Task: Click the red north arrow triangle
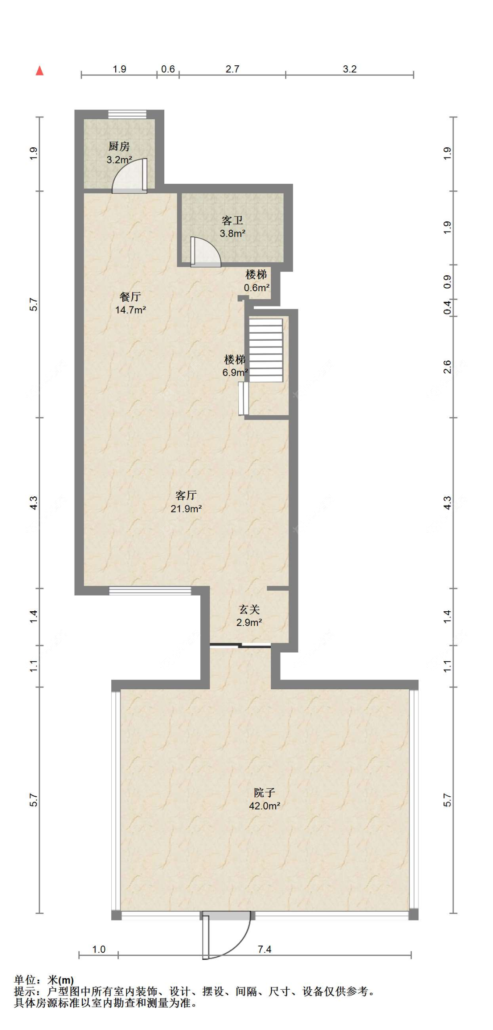pyautogui.click(x=39, y=70)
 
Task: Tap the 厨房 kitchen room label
pyautogui.click(x=119, y=146)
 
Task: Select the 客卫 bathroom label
pyautogui.click(x=232, y=220)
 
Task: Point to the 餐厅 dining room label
pyautogui.click(x=130, y=297)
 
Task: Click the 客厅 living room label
pyautogui.click(x=186, y=495)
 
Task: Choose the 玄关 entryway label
pyautogui.click(x=249, y=609)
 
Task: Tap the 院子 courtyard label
pyautogui.click(x=264, y=792)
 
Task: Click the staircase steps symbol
pyautogui.click(x=266, y=350)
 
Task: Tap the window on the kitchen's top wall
pyautogui.click(x=128, y=114)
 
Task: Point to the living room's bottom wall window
pyautogui.click(x=150, y=591)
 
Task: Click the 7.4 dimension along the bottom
pyautogui.click(x=264, y=949)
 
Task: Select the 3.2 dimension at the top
pyautogui.click(x=350, y=69)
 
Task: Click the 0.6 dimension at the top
pyautogui.click(x=168, y=69)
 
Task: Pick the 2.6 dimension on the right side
pyautogui.click(x=447, y=367)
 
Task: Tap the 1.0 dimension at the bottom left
pyautogui.click(x=99, y=949)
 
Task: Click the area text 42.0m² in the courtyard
pyautogui.click(x=265, y=805)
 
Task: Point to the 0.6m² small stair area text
pyautogui.click(x=257, y=288)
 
